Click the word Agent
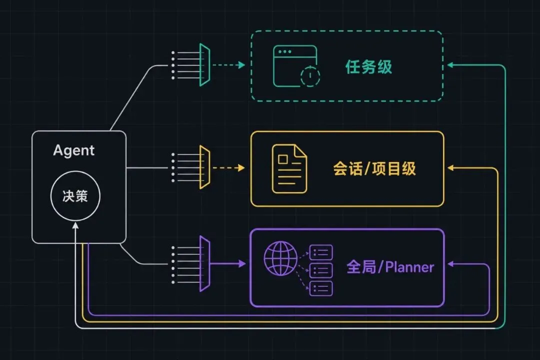(x=73, y=150)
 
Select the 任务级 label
(x=368, y=66)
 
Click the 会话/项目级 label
(x=374, y=168)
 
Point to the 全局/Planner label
(x=390, y=267)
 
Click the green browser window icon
(x=295, y=66)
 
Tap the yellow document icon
(x=289, y=168)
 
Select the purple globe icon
(x=280, y=258)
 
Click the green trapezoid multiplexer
(x=204, y=65)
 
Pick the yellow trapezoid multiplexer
(x=204, y=167)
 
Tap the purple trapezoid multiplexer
(x=204, y=264)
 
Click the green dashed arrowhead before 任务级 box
(x=242, y=65)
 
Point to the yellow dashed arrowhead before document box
(x=242, y=168)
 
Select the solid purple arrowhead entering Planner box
(x=242, y=264)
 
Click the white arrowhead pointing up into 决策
(x=75, y=225)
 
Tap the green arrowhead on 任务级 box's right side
(x=450, y=65)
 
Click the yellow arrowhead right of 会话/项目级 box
(x=450, y=168)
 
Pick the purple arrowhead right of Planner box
(x=450, y=264)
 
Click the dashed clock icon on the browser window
(x=310, y=75)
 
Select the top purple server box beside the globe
(x=321, y=252)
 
